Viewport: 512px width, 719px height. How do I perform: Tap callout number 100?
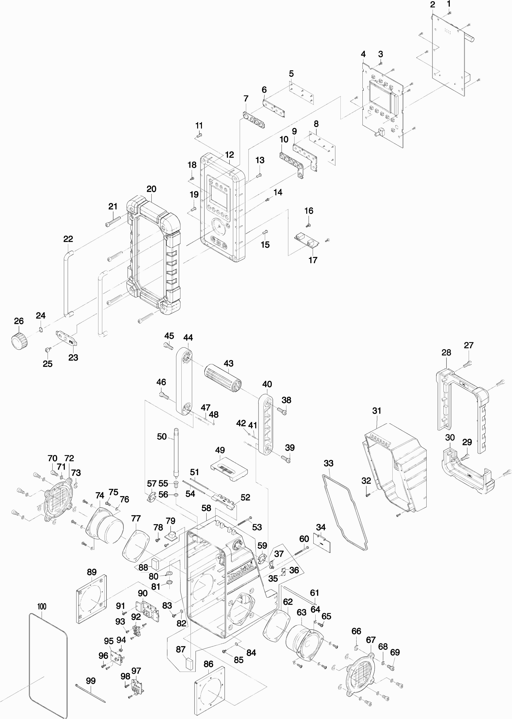coord(42,607)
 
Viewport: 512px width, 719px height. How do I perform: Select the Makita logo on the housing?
coord(240,571)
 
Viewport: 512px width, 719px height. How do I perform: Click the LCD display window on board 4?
coord(380,96)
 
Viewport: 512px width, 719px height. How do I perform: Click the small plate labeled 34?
coord(322,543)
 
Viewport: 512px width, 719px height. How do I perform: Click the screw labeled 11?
coord(199,135)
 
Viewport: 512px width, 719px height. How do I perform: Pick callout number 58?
coord(206,508)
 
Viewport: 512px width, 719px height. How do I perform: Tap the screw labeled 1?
coord(450,13)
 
